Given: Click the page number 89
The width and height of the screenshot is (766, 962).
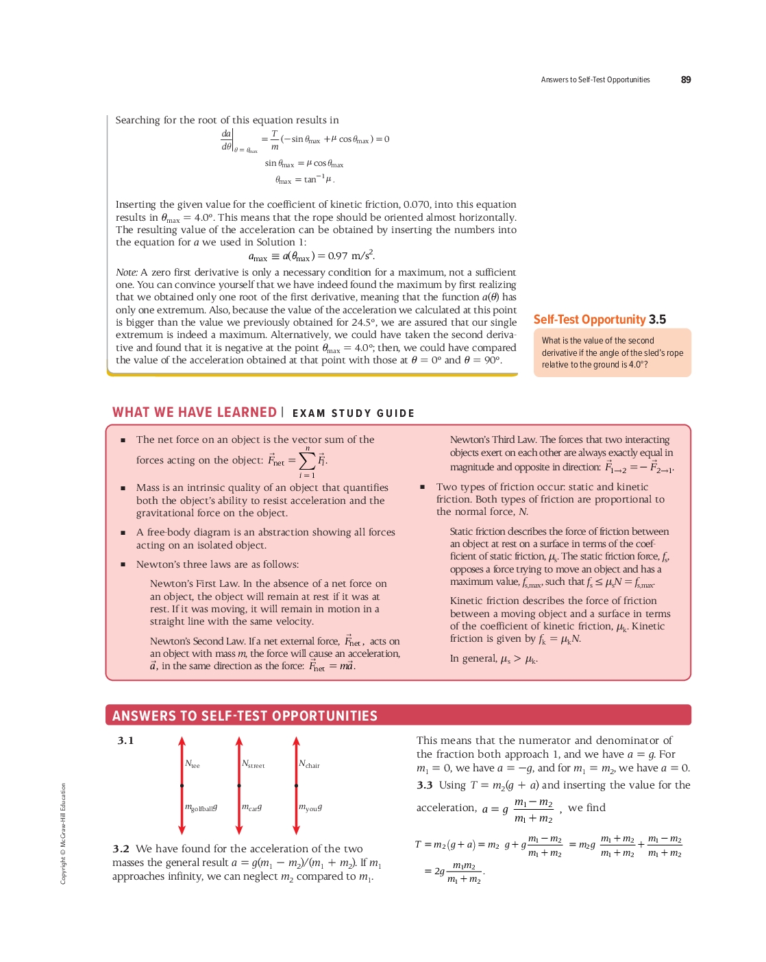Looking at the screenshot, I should [685, 80].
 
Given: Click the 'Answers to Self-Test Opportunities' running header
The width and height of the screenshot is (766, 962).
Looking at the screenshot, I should [595, 80].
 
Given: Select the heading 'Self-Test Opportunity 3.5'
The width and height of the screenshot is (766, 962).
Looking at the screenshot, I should [600, 320].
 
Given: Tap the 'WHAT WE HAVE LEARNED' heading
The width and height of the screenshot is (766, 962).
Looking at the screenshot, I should [195, 412].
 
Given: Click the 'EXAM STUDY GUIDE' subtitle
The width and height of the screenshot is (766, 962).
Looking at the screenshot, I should [353, 413].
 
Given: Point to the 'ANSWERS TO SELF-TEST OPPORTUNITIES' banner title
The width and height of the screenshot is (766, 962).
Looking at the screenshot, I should [245, 716].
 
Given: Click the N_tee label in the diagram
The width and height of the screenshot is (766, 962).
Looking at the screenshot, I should [193, 764].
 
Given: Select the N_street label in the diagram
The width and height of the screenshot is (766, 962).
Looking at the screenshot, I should [253, 764].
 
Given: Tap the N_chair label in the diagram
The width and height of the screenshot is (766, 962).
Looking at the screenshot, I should [309, 764].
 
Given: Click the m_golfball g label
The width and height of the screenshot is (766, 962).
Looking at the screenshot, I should [201, 808].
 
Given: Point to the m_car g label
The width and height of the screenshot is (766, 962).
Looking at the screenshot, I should [251, 808].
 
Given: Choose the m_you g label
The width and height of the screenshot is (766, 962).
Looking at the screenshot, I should [310, 808].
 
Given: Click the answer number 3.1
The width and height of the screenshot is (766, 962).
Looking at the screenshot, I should [125, 741].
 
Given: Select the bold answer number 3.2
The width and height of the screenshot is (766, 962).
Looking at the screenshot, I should [121, 849].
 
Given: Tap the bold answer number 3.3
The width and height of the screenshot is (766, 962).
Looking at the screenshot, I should [425, 785].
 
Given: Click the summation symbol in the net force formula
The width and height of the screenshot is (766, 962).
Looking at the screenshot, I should [307, 460].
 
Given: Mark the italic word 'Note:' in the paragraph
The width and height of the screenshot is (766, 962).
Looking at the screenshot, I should [127, 272].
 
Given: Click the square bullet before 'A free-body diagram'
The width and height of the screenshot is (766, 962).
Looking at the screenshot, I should [123, 533].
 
